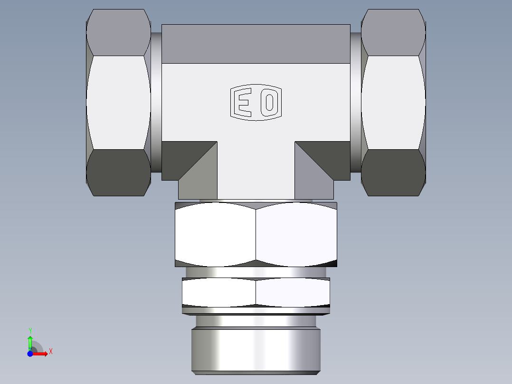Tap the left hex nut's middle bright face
[118, 102]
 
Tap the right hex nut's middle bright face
[393, 102]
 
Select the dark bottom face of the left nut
[118, 172]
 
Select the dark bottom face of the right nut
[393, 172]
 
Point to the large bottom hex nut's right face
[296, 234]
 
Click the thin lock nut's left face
[218, 292]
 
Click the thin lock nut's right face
[292, 292]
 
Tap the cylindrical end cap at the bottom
[256, 349]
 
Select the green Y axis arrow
[30, 341]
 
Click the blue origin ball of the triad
[30, 354]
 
